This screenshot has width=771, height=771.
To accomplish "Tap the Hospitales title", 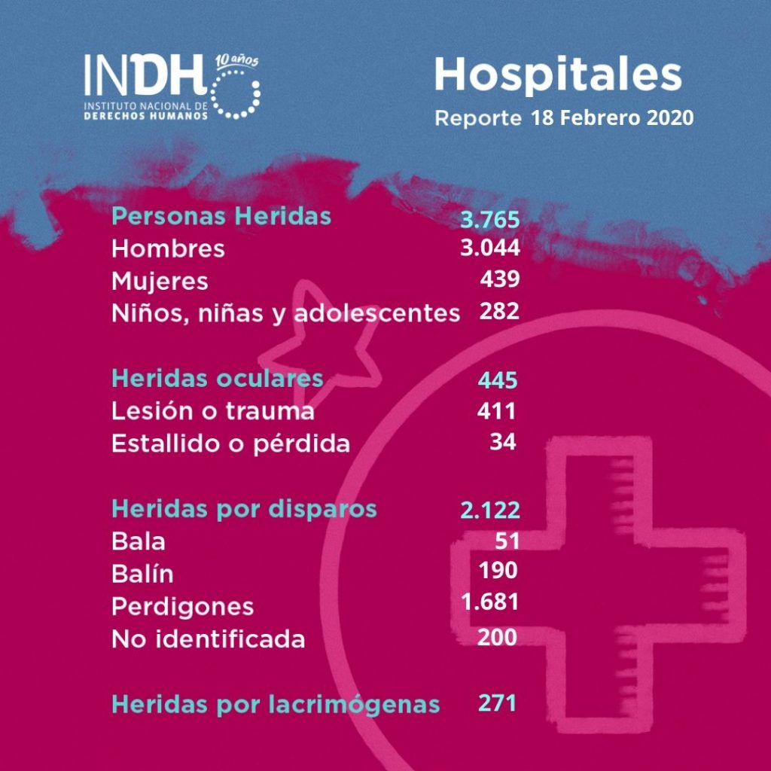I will tap(557, 76).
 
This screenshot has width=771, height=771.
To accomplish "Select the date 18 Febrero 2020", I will tap(611, 119).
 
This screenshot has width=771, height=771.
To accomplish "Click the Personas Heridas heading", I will tap(221, 216).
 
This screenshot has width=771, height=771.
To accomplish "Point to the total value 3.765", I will tap(490, 220).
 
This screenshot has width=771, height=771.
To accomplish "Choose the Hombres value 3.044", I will tap(490, 248).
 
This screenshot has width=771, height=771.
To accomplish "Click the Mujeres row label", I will tap(160, 282).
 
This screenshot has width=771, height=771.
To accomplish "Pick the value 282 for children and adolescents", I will tap(499, 311).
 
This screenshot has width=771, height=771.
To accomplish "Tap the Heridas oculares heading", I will tap(218, 378).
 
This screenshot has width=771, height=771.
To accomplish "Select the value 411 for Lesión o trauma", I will tap(496, 411).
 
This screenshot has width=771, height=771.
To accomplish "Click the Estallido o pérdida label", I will tap(230, 443).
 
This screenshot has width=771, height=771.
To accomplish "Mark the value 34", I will tap(503, 442).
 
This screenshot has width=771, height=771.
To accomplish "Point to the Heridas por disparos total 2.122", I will tap(490, 510).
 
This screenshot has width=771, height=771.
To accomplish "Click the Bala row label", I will tap(138, 541).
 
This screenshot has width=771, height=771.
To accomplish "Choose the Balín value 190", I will tap(498, 571).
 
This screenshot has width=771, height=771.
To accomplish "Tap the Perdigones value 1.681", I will tap(490, 603).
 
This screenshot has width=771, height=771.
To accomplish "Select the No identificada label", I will tap(208, 639).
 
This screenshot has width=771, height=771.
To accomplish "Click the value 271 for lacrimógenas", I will tap(498, 703).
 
